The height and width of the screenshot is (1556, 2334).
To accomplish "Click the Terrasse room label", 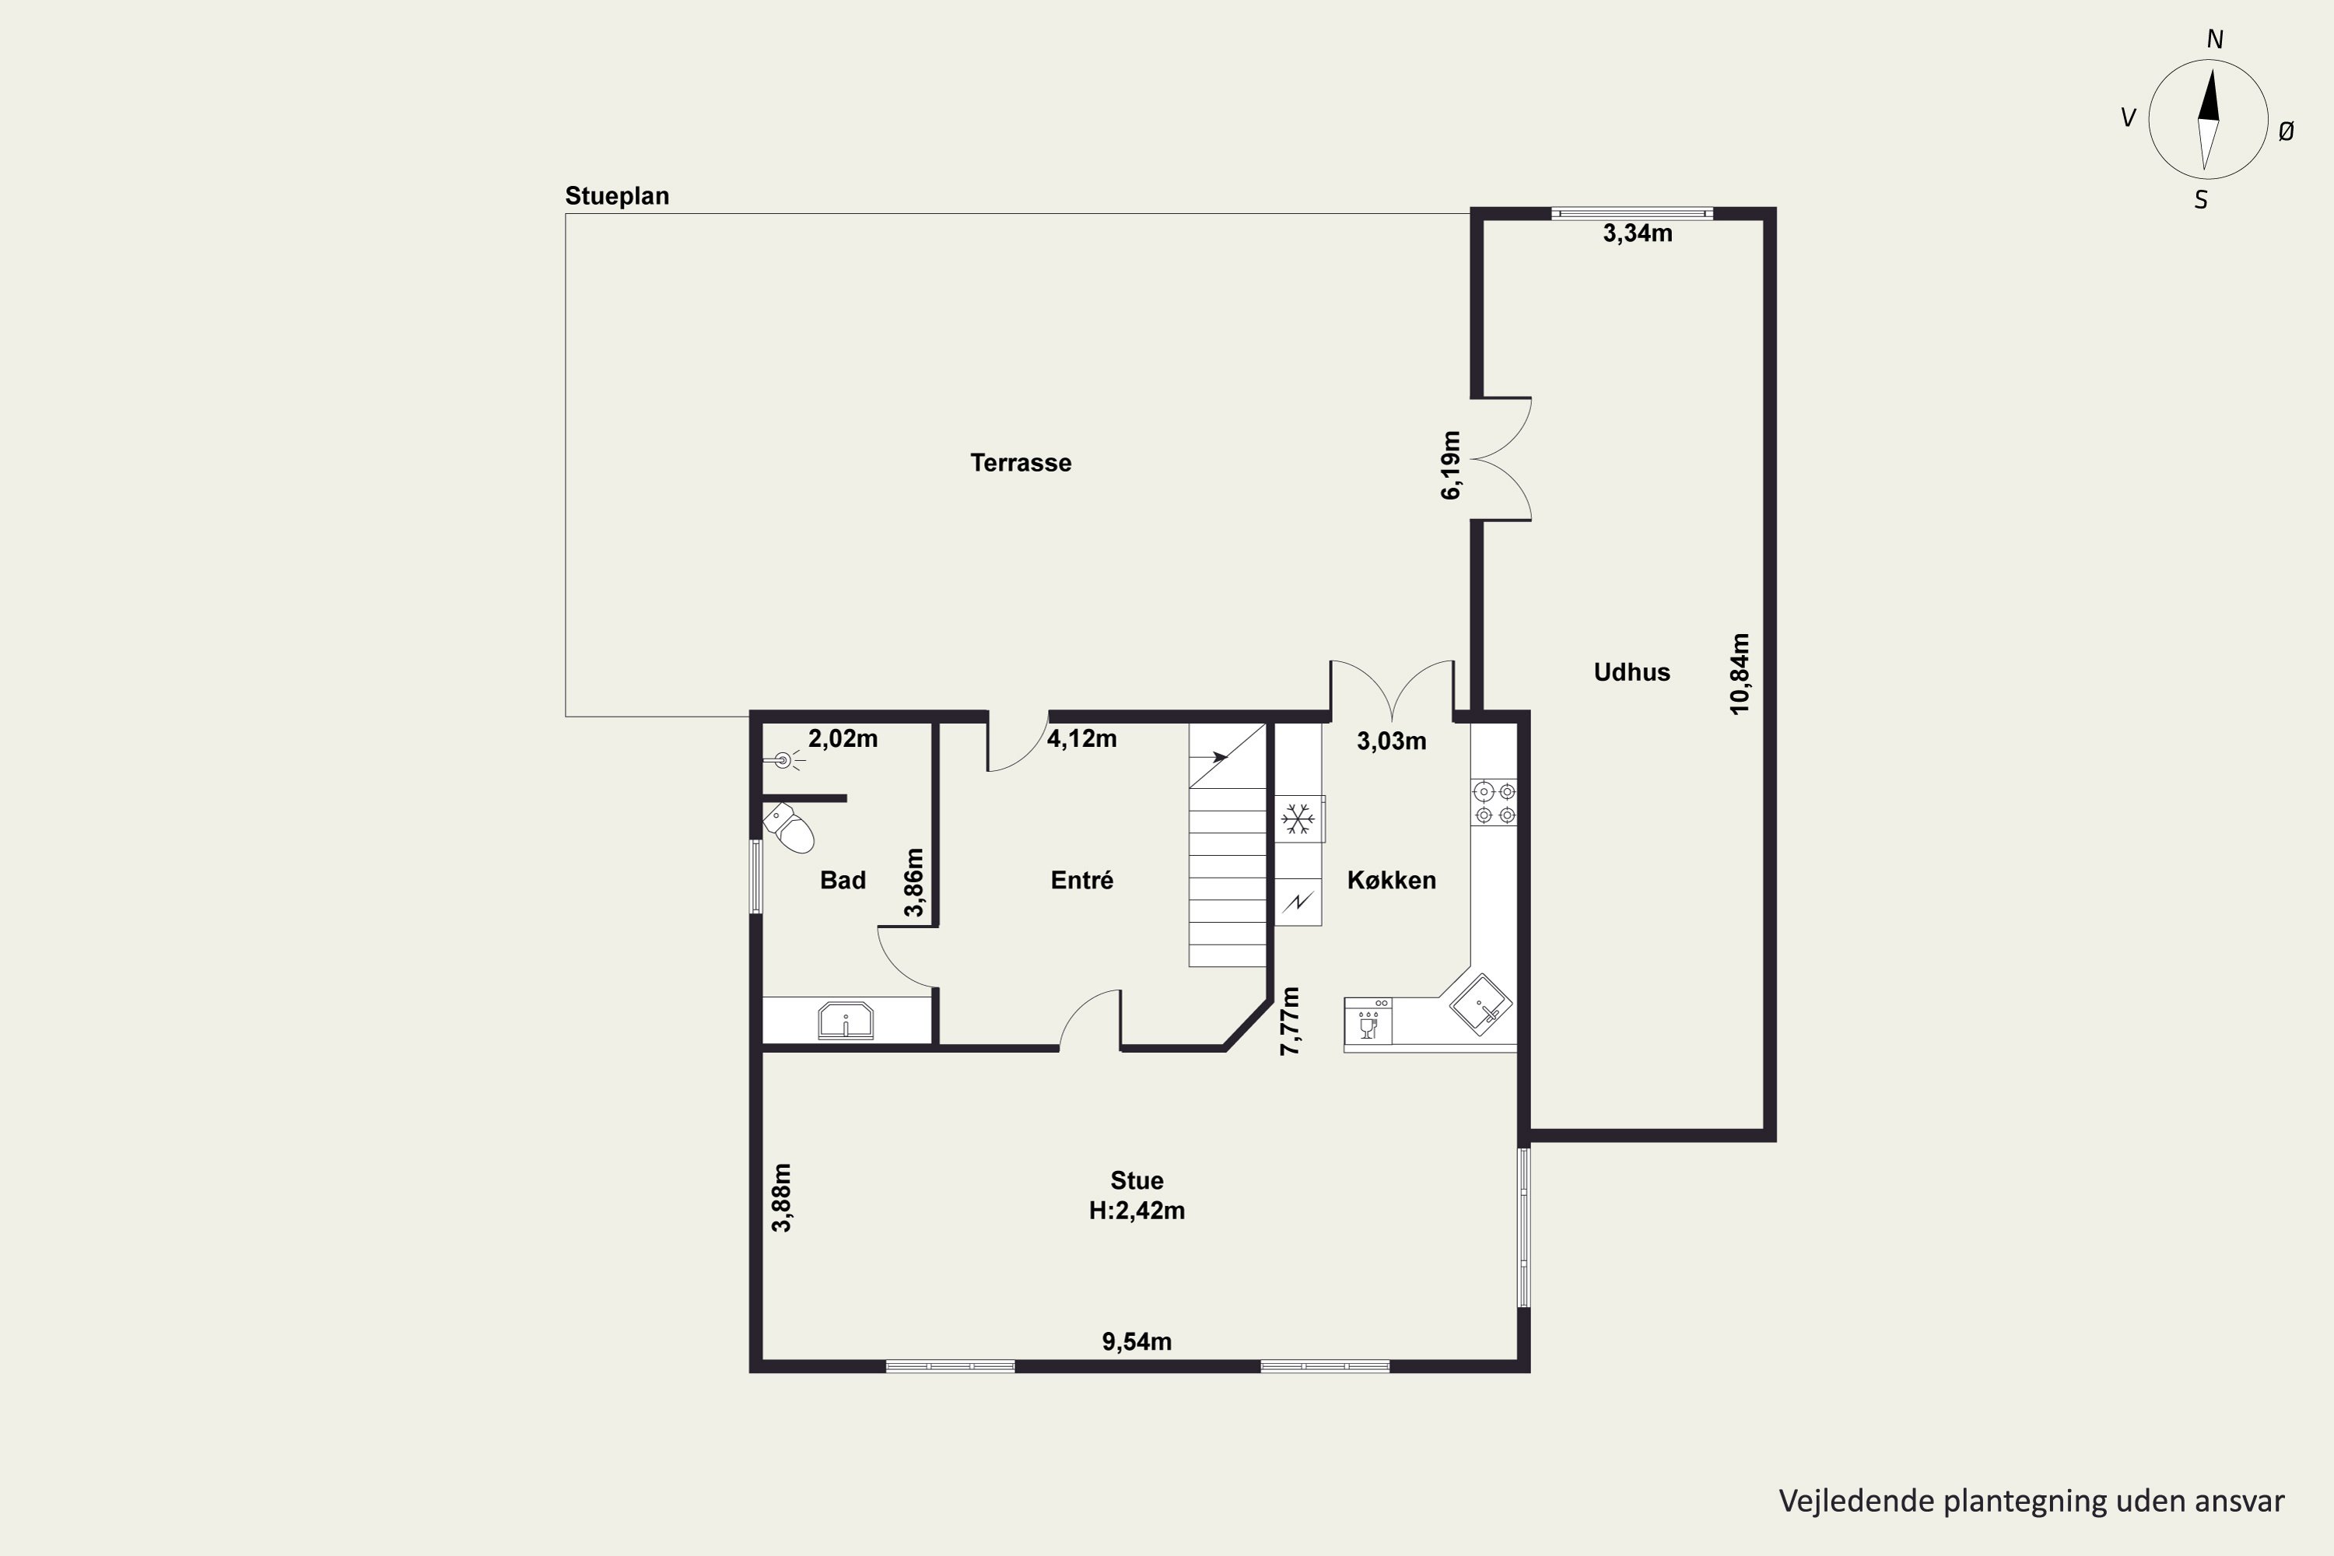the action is (1020, 462).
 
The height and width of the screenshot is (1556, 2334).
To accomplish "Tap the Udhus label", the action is (1631, 672).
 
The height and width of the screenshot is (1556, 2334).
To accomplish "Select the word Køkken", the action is (1391, 880).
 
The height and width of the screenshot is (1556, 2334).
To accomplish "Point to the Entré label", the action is (1081, 880).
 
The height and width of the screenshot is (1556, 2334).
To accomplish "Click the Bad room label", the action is (843, 880).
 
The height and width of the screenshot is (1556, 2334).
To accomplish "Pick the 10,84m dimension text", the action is (1740, 674).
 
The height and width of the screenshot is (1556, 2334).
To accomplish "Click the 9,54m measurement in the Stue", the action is (1136, 1341).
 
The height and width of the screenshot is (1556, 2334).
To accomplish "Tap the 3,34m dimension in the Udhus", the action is (1638, 233).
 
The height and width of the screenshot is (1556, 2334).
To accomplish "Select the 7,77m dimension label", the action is (1289, 1021).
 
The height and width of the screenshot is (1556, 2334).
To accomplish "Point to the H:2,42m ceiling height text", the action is (1136, 1211).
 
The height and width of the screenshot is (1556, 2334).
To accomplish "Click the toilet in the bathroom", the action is (789, 828).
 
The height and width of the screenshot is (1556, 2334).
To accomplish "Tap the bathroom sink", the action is (846, 1020).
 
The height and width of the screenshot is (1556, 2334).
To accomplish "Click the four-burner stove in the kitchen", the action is (1495, 803).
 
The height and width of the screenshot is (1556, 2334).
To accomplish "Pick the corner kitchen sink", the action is (1481, 1005).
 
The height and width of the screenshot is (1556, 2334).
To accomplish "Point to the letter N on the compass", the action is (2214, 40).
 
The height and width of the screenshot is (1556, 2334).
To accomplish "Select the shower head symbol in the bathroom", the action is (784, 761).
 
